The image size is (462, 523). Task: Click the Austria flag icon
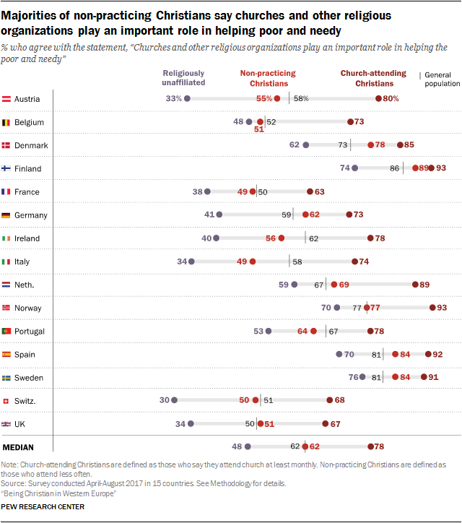click(6, 99)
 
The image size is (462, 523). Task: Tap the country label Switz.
click(25, 401)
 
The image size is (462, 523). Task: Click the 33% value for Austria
click(173, 99)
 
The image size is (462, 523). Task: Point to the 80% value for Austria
click(391, 99)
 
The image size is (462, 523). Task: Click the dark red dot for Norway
click(432, 308)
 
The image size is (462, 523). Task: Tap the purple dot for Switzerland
click(174, 401)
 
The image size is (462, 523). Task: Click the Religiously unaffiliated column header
click(183, 78)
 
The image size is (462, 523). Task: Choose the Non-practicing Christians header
click(268, 78)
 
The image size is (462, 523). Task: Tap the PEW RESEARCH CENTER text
click(43, 507)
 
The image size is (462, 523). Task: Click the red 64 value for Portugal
click(302, 331)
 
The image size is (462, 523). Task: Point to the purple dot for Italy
click(191, 261)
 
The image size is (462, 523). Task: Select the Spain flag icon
click(6, 355)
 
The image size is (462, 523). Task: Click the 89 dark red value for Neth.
click(425, 285)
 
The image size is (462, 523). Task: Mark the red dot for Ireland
click(281, 238)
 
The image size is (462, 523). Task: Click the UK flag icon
click(6, 424)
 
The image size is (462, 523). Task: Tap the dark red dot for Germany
click(349, 215)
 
